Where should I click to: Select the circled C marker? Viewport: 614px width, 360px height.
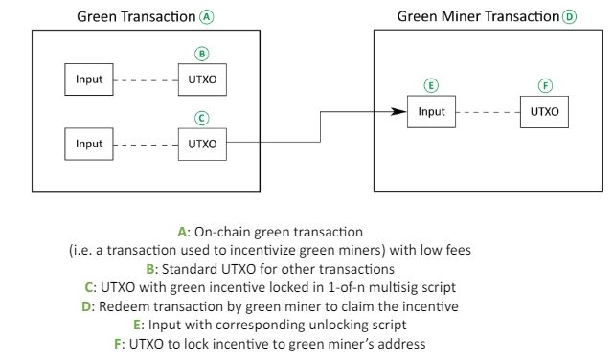pos(201,119)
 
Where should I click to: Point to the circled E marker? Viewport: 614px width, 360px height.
pos(432,85)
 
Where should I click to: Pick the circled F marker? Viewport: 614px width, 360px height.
pos(545,85)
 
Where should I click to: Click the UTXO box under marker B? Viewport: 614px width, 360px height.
pos(202,79)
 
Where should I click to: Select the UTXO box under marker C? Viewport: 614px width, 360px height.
pos(202,145)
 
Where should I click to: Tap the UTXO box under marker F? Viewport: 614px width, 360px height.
pos(545,112)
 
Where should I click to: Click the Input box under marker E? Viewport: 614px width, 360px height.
pos(431,112)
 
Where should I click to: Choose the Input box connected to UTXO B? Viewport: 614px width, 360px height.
pos(89,79)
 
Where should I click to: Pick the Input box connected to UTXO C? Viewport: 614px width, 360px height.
pos(89,145)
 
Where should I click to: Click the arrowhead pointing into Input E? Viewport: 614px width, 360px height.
pos(400,112)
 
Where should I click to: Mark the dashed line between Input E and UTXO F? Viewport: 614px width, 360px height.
pos(488,112)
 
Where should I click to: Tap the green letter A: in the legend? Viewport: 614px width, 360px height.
pos(185,233)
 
